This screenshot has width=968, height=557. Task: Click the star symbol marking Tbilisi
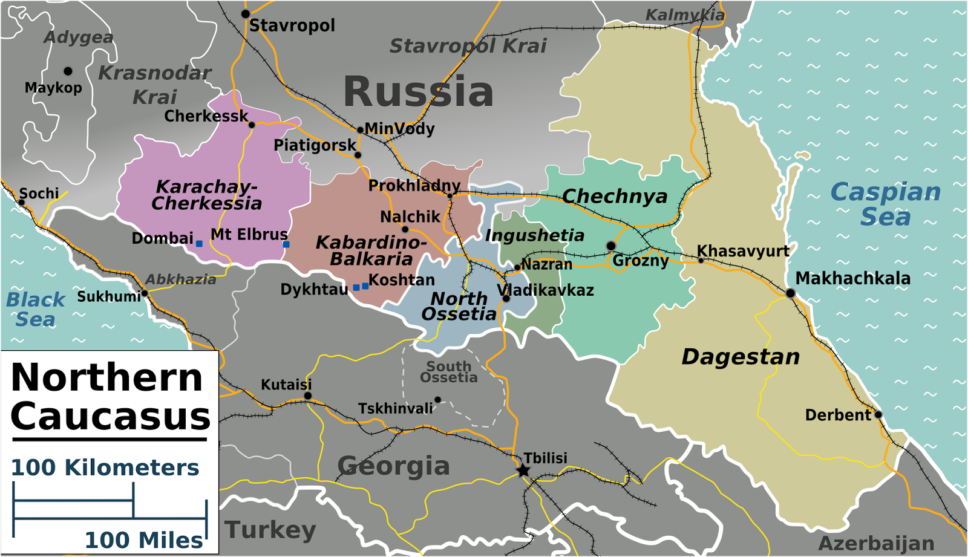[523, 471]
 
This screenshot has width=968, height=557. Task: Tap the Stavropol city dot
[246, 14]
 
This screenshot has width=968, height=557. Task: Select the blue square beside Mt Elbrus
[286, 244]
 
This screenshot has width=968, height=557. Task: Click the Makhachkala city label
[852, 278]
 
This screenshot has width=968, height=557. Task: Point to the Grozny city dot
[611, 246]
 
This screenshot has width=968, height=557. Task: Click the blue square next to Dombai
[199, 244]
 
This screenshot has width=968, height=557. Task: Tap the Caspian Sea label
[885, 204]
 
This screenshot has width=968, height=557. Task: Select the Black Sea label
[35, 309]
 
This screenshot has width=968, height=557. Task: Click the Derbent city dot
[878, 414]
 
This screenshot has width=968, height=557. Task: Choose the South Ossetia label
[448, 372]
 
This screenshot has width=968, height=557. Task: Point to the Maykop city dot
[68, 71]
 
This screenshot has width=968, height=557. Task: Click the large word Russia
[418, 92]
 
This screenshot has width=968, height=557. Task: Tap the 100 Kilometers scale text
[105, 467]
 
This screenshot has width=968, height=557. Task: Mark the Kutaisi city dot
[307, 396]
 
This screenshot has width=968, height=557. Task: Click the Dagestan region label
[741, 357]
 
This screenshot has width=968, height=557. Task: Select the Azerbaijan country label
[876, 543]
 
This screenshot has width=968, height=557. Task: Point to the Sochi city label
[39, 194]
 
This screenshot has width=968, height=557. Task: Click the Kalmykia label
[685, 15]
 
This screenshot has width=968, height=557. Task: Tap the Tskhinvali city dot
[437, 400]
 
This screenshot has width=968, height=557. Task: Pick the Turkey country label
[270, 530]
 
